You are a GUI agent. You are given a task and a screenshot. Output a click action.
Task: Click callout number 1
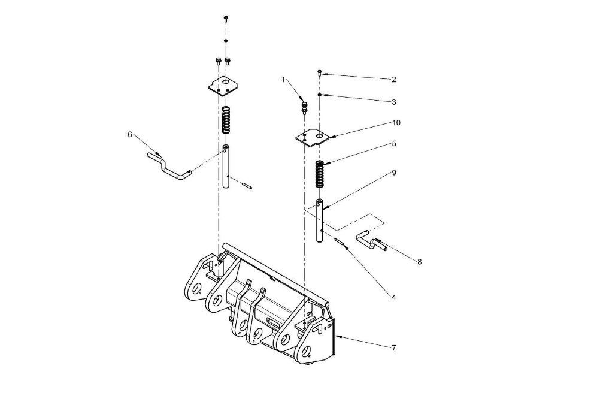pyautogui.click(x=283, y=80)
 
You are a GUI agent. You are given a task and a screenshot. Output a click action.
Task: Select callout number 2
pyautogui.click(x=394, y=80)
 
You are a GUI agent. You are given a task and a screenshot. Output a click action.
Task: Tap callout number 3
pyautogui.click(x=394, y=102)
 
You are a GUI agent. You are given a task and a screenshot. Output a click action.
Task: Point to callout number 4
pyautogui.click(x=394, y=297)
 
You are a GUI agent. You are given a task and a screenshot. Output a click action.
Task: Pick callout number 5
pyautogui.click(x=394, y=144)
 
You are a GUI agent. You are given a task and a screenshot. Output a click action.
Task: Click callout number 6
pyautogui.click(x=130, y=135)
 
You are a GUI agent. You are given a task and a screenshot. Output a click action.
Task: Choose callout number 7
pyautogui.click(x=394, y=347)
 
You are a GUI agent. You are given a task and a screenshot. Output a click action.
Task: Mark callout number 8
pyautogui.click(x=419, y=262)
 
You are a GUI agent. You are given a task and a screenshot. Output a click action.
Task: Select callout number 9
pyautogui.click(x=394, y=173)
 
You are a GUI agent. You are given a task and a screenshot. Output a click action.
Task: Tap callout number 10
pyautogui.click(x=396, y=123)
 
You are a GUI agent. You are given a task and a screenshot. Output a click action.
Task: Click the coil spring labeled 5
pyautogui.click(x=320, y=174)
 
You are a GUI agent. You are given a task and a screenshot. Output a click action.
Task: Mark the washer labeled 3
pyautogui.click(x=320, y=94)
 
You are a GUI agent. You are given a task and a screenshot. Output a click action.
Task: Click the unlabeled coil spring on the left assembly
pyautogui.click(x=226, y=120)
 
